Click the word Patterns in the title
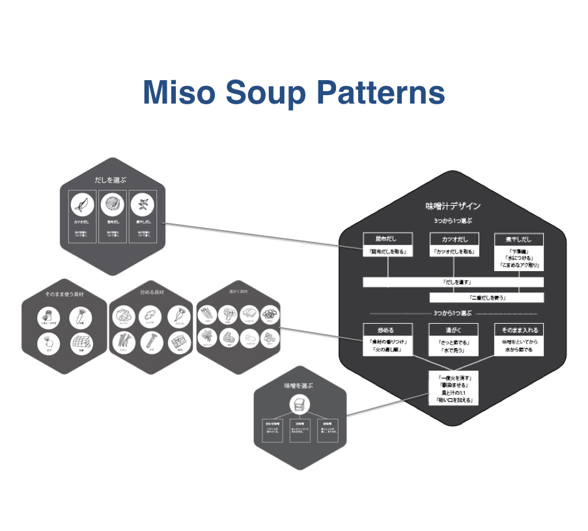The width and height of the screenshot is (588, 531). (380, 93)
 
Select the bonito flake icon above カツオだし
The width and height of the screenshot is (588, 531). (83, 206)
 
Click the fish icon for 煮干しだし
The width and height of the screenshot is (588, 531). (142, 206)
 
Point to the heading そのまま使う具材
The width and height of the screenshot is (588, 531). (64, 294)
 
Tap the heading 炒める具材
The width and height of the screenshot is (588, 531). (152, 294)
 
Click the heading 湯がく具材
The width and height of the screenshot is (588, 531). (239, 292)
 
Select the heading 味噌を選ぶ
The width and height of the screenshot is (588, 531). (298, 386)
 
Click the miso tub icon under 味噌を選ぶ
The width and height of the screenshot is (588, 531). (298, 405)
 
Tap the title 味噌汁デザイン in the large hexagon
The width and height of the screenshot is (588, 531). (453, 206)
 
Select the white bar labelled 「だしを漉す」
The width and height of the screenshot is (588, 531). (453, 282)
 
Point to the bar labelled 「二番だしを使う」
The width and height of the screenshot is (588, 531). (486, 297)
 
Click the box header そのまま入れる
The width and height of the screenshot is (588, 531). (520, 330)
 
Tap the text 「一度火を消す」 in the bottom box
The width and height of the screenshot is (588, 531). (454, 378)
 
